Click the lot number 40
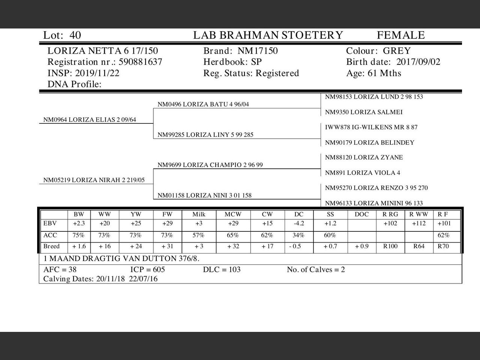pos(75,35)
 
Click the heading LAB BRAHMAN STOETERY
pos(268,35)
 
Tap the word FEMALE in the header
pos(400,35)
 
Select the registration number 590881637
pos(140,62)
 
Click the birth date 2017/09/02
pos(418,62)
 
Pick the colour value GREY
pos(396,51)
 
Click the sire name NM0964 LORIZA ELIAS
pos(90,120)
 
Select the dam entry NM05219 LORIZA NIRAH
pos(94,180)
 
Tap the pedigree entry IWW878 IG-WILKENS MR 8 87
pos(371,127)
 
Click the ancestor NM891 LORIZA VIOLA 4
pos(362,172)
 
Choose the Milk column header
pos(199,214)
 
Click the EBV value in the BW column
pos(79,223)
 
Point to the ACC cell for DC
pos(298,235)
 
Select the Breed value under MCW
pos(233,246)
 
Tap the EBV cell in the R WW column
pos(418,223)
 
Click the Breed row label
pos(51,246)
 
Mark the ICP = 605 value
pos(147,270)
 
